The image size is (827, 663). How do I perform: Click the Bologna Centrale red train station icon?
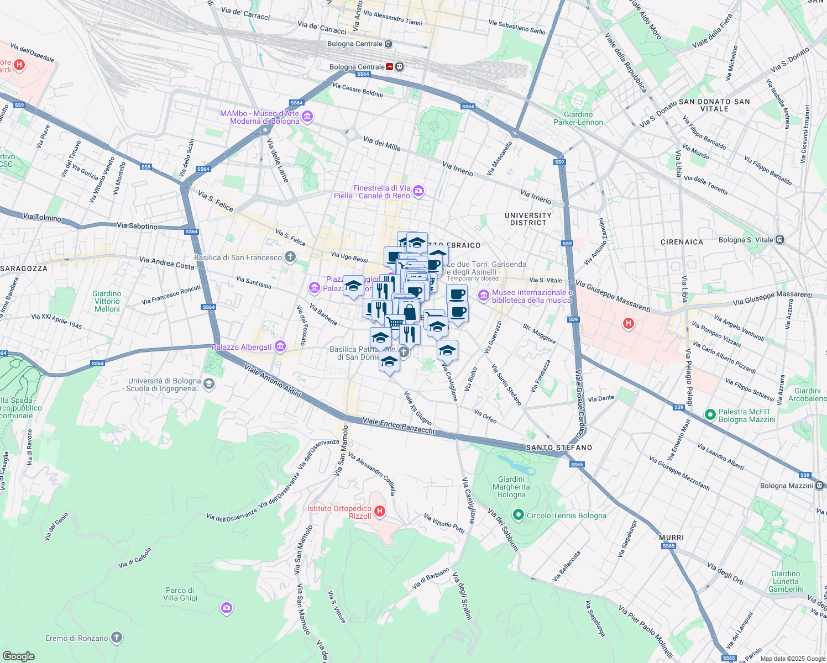pyautogui.click(x=390, y=67)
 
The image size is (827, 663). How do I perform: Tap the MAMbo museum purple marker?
pyautogui.click(x=308, y=117)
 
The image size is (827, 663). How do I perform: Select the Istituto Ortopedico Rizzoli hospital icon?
pyautogui.click(x=380, y=512)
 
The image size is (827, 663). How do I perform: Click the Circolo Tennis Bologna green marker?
pyautogui.click(x=518, y=515)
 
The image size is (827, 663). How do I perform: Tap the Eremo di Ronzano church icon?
pyautogui.click(x=116, y=638)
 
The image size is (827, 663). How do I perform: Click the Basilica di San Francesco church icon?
pyautogui.click(x=290, y=257)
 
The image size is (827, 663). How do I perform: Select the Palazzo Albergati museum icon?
pyautogui.click(x=280, y=347)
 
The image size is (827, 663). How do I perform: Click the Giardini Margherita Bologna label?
pyautogui.click(x=511, y=487)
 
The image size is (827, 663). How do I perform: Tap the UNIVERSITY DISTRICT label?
pyautogui.click(x=528, y=219)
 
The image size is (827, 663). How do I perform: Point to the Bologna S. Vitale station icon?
pyautogui.click(x=779, y=240)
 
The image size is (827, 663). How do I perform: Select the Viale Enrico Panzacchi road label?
pyautogui.click(x=399, y=425)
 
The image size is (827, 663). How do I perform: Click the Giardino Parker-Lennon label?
pyautogui.click(x=578, y=118)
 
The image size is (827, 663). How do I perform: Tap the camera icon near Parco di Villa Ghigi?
pyautogui.click(x=226, y=608)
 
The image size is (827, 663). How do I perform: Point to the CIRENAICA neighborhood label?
pyautogui.click(x=682, y=242)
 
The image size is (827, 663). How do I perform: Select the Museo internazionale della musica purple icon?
pyautogui.click(x=484, y=296)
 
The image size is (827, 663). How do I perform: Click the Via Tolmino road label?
pyautogui.click(x=42, y=217)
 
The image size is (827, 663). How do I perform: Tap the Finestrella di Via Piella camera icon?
pyautogui.click(x=418, y=191)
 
